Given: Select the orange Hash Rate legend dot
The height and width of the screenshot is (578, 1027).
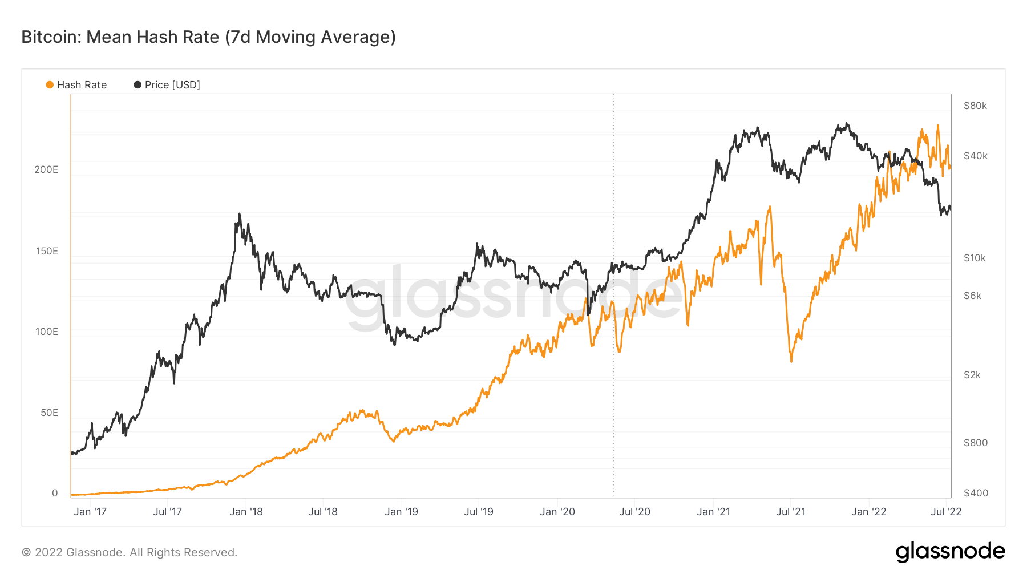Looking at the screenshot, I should tap(50, 85).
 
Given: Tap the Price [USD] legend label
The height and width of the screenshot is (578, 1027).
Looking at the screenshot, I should tap(172, 85).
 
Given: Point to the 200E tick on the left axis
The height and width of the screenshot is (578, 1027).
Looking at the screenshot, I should tap(46, 169).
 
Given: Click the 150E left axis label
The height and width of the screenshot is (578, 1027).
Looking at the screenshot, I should tap(47, 251).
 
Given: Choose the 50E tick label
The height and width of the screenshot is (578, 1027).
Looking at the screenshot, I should tap(49, 413).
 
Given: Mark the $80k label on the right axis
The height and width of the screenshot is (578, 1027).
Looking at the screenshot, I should tap(975, 106).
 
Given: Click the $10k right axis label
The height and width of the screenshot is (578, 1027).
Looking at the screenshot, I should tap(975, 258).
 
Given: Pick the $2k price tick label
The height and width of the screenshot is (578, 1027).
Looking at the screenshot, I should tap(972, 375).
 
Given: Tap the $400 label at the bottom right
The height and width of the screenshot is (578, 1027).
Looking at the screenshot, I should tap(976, 493).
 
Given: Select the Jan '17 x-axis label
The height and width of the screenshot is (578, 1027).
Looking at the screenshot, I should tap(90, 512).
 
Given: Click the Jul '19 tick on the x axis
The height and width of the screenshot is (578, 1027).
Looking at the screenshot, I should tap(479, 512).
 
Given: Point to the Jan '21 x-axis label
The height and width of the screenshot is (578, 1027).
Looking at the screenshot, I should tap(713, 512).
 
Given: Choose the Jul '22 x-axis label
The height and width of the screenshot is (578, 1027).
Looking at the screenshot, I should tap(946, 512).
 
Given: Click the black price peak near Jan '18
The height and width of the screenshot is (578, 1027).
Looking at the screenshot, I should tap(239, 215).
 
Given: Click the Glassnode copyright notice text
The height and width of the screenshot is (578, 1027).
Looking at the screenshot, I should tap(130, 552).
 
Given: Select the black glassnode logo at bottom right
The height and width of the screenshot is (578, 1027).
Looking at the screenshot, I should tap(950, 552).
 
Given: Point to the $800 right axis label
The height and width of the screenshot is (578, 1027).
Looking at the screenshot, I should tap(975, 443).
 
